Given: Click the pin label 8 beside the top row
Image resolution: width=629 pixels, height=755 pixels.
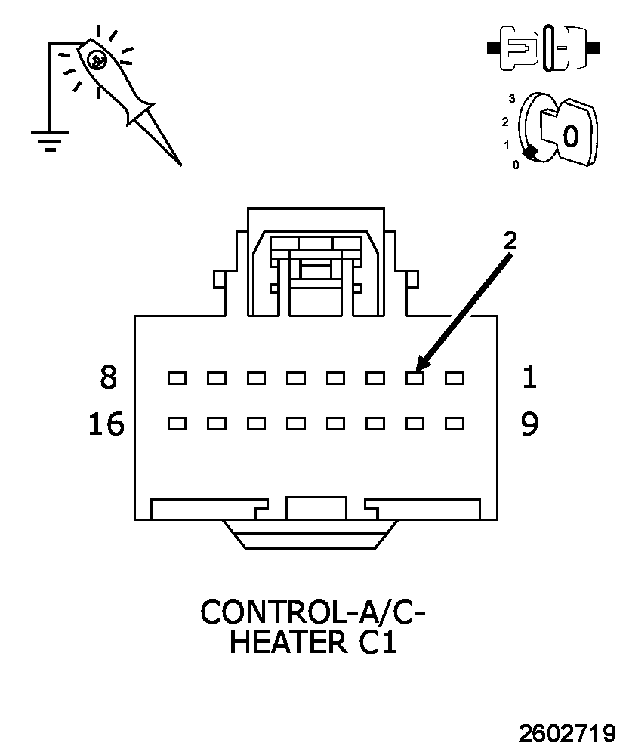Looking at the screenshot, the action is [x=109, y=377].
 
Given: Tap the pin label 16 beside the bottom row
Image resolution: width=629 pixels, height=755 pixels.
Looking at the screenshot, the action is [x=106, y=424].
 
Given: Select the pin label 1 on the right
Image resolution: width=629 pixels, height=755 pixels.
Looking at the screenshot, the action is [x=529, y=377].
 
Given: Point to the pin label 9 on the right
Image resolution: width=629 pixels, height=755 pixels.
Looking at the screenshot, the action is [x=529, y=424].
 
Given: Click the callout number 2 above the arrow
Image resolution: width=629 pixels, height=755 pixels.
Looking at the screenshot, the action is [x=510, y=240].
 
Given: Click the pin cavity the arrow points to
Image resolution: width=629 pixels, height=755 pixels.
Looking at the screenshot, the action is [x=415, y=378].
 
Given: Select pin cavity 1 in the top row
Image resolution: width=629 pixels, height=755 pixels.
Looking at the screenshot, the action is [x=454, y=378].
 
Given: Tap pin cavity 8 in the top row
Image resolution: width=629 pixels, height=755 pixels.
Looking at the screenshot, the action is [x=177, y=378].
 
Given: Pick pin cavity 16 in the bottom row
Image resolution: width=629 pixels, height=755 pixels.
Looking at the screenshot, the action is [x=177, y=424].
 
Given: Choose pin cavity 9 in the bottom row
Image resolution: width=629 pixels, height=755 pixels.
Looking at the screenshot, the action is [x=454, y=424].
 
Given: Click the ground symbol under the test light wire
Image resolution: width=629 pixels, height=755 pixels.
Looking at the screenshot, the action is [x=50, y=140].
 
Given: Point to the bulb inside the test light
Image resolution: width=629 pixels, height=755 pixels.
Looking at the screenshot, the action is [x=97, y=60].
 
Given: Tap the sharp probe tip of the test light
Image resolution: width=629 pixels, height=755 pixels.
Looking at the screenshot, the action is [x=180, y=165].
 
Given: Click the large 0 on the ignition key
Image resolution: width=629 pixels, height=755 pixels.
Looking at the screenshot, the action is [x=570, y=136].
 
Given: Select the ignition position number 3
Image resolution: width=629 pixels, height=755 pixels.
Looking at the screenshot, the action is [x=511, y=98].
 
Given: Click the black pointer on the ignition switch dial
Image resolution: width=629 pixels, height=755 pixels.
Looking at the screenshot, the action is [x=530, y=153].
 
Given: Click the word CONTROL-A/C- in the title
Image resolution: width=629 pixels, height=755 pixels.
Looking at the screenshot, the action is [x=313, y=612].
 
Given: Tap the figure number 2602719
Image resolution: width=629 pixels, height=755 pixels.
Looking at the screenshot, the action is [x=567, y=733].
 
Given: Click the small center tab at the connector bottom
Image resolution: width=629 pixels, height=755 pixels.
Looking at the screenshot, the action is [x=316, y=508].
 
